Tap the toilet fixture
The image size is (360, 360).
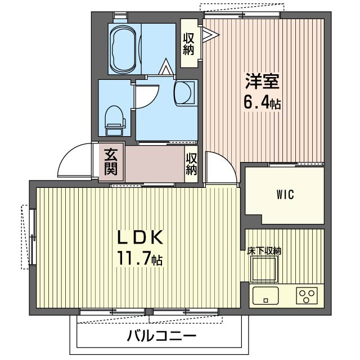pos(115,120)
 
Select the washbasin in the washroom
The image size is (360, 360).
pos(186,93)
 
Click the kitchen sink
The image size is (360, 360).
pos(265,295)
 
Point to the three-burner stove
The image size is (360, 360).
pos(307,296)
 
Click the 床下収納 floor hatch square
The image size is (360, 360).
pos(264,269)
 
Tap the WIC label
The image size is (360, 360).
pos(285,195)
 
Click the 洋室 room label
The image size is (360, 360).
pos(262,81)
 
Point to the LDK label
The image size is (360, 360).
pos(140,237)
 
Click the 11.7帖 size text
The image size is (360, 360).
pos(140,259)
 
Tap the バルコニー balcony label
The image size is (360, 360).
pos(162,336)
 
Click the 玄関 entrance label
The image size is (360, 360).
pos(111,162)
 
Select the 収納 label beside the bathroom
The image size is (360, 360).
pos(188,44)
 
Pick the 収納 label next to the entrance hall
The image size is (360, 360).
pos(191,164)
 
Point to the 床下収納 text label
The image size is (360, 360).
pos(264,251)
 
